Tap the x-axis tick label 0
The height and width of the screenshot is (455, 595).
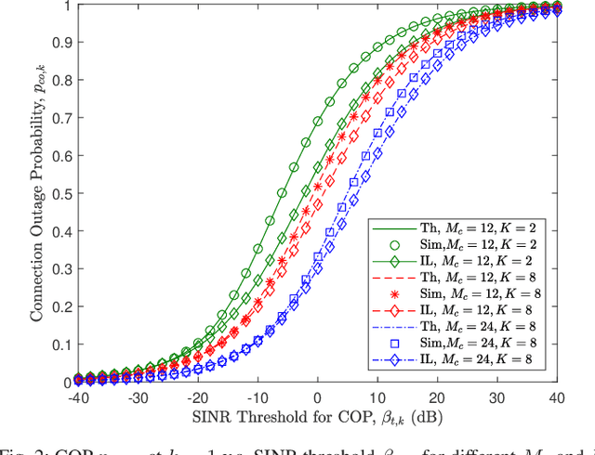[x=317, y=397]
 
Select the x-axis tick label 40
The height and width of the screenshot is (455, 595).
[x=556, y=397]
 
